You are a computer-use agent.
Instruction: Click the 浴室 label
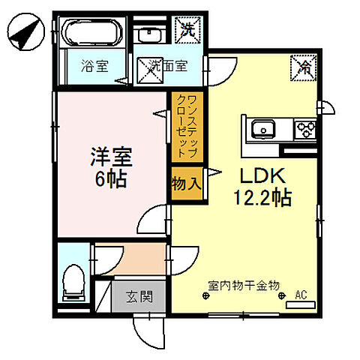(x=94, y=65)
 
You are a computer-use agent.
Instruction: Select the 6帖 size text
(x=111, y=179)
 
